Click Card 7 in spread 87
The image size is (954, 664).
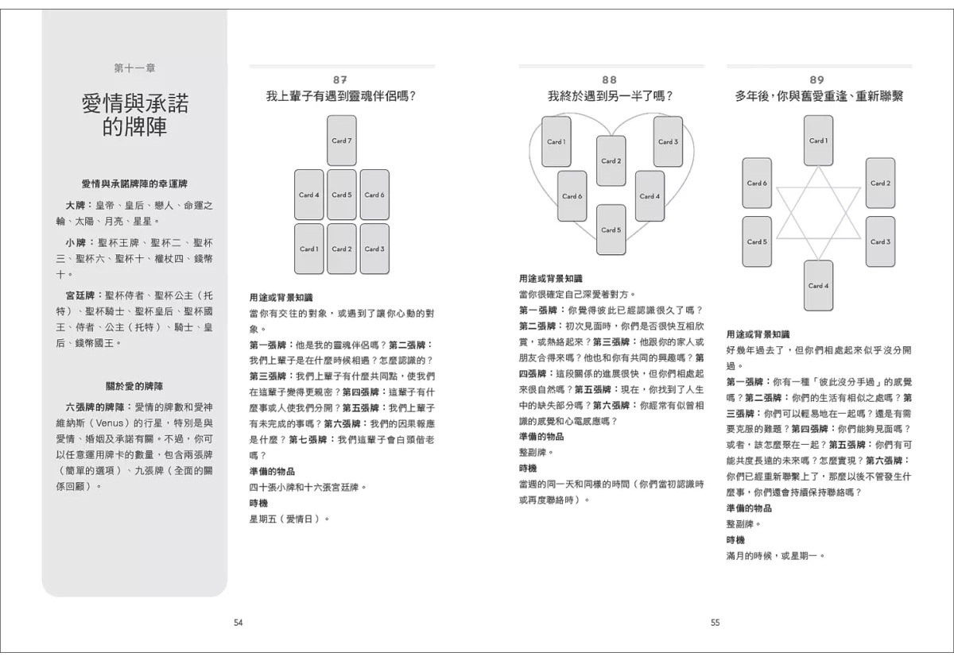click(341, 141)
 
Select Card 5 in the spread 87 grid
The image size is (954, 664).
click(341, 195)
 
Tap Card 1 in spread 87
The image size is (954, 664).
click(308, 249)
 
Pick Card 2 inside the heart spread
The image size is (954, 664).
click(611, 160)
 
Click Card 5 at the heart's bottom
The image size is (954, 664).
click(611, 230)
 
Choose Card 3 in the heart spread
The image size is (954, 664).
click(668, 141)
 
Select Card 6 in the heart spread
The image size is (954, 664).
click(572, 196)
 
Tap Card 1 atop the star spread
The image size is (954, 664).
click(818, 141)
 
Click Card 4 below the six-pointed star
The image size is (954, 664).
click(818, 285)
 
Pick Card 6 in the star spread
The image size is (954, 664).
click(757, 183)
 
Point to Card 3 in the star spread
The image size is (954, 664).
click(880, 241)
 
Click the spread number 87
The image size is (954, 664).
click(341, 79)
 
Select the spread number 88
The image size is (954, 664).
click(610, 79)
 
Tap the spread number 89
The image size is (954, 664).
click(817, 79)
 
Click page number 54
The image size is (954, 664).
click(238, 623)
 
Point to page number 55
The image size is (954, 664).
click(715, 623)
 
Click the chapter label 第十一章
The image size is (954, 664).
click(134, 68)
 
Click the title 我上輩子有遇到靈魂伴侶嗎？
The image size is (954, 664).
click(341, 96)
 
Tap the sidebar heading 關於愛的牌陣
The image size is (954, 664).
click(134, 386)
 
